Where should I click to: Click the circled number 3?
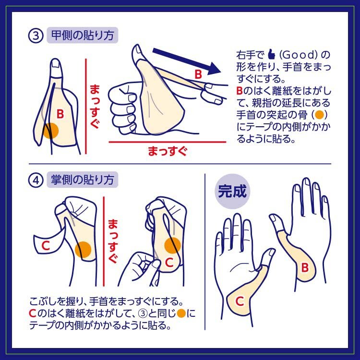36,36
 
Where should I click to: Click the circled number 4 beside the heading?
36,180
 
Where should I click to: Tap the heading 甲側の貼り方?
83,36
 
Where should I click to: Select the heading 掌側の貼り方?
83,180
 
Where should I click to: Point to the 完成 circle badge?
232,191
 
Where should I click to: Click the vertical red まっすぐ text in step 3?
95,106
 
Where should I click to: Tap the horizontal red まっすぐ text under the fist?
168,152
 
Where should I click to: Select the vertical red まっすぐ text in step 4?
113,241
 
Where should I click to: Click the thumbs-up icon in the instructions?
272,54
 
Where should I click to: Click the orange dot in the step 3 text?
319,115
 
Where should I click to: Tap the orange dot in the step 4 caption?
181,313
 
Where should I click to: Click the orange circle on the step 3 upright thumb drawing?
51,131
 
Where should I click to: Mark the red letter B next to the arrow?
198,74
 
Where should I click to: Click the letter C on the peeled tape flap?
46,246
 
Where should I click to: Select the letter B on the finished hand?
305,267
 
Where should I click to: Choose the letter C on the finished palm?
240,301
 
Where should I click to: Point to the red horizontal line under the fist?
168,142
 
